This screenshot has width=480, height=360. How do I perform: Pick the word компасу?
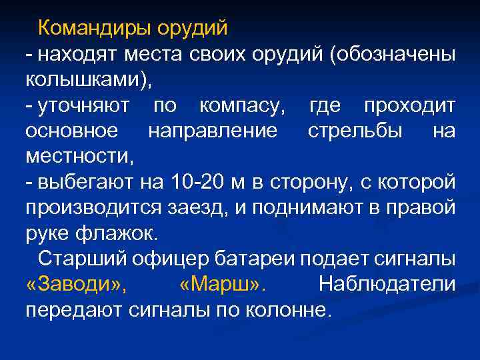point(241,105)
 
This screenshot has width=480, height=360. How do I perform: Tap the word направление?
point(213,130)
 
